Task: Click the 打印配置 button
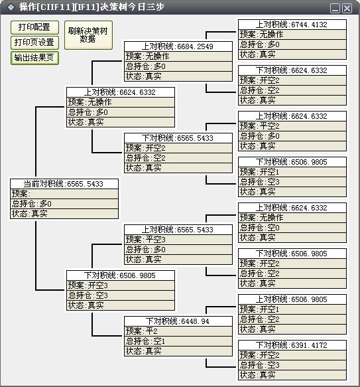point(34,27)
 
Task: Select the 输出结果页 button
point(34,58)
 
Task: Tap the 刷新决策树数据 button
point(88,35)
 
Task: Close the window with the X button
point(347,9)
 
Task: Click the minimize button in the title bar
point(335,9)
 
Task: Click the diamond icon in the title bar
point(11,7)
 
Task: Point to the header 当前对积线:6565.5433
point(64,184)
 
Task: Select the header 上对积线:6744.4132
point(292,25)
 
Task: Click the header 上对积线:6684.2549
point(178,46)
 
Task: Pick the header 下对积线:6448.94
point(178,321)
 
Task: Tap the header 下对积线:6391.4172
point(292,345)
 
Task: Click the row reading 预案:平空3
point(178,240)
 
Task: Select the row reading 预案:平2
point(178,331)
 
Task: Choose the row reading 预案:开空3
point(120,285)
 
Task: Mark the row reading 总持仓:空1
point(178,341)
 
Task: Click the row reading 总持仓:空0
point(292,228)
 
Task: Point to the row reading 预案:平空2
point(292,126)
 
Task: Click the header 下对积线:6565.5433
point(178,138)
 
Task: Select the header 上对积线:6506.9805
point(292,299)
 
